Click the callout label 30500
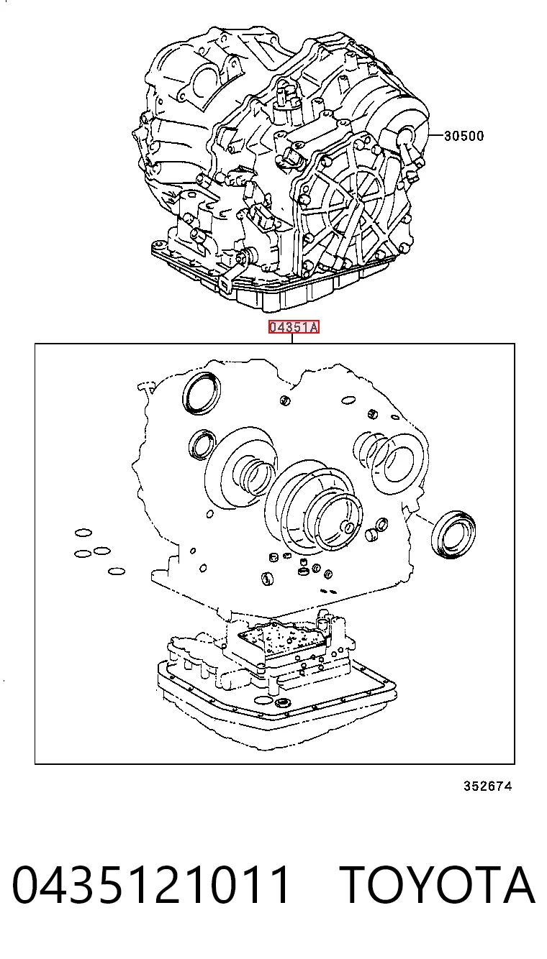[x=464, y=136]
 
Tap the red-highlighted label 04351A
[x=294, y=328]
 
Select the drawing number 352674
[x=487, y=786]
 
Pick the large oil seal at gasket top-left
[x=202, y=393]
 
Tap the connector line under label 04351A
[x=292, y=339]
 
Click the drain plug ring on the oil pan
[x=284, y=702]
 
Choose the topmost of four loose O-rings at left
[x=83, y=533]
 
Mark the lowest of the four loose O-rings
[x=116, y=571]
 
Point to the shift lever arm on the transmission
[x=232, y=272]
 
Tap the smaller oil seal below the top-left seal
[x=201, y=445]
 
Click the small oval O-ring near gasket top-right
[x=348, y=400]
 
